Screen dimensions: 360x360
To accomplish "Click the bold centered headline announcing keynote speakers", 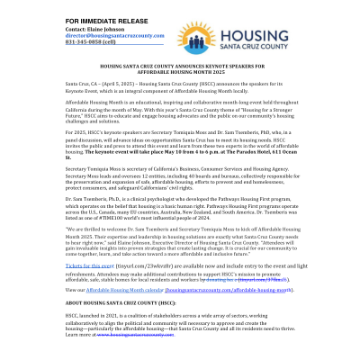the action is coord(180,68).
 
